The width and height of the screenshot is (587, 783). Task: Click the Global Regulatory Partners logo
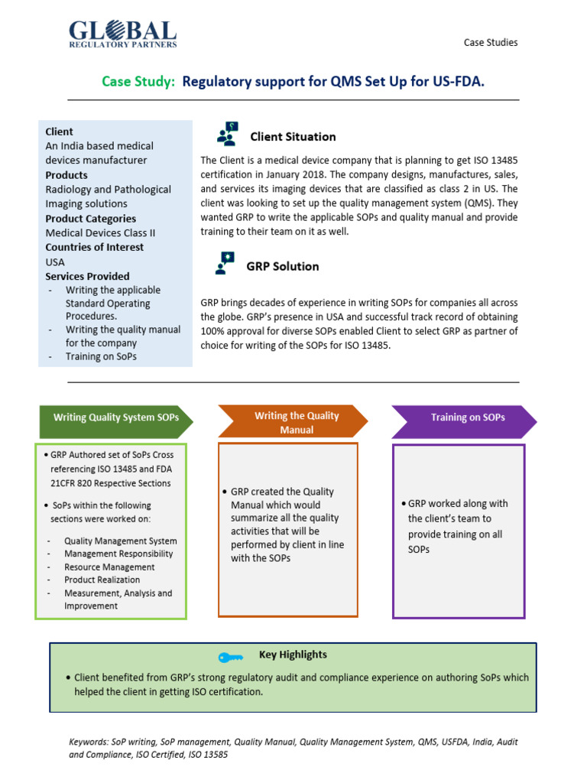[122, 34]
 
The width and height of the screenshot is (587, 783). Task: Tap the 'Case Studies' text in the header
[491, 43]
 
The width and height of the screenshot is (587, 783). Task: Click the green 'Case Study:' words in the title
[138, 81]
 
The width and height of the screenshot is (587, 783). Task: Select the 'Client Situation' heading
[293, 137]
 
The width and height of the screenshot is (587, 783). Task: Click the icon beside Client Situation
[228, 135]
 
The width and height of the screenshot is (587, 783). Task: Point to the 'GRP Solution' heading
[283, 267]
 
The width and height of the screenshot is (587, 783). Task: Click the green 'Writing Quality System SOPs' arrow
[115, 418]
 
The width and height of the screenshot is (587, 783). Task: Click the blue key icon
[230, 657]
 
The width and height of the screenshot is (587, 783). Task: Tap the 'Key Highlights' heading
[293, 655]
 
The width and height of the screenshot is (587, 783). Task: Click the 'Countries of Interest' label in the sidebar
[94, 248]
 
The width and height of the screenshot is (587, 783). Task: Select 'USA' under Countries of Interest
[55, 262]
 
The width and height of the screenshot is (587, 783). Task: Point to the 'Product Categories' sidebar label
[90, 219]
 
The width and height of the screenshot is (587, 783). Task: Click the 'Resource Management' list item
[109, 567]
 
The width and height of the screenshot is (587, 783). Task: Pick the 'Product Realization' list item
[102, 580]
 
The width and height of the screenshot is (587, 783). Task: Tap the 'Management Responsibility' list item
[118, 554]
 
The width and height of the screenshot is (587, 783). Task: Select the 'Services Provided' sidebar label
[87, 277]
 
